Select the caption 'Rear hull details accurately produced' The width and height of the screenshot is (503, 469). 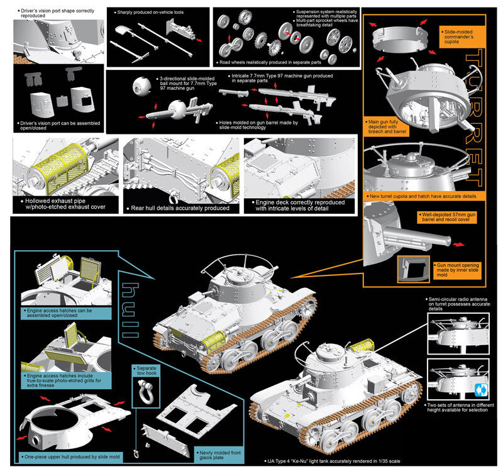[179, 207]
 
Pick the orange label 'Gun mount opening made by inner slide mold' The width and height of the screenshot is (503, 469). [455, 272]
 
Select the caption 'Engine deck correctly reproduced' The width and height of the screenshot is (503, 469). [300, 205]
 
